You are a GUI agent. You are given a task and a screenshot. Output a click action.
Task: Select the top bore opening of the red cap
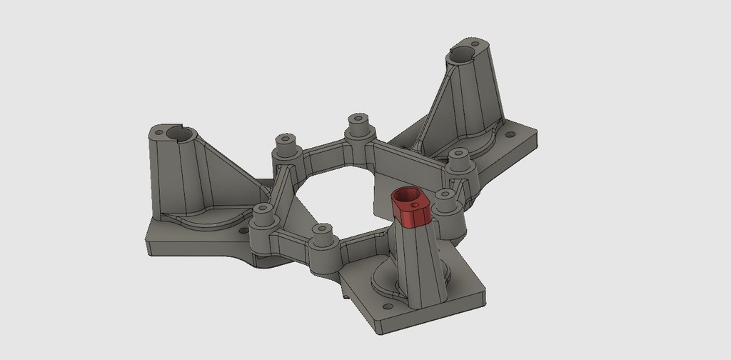click(x=408, y=194)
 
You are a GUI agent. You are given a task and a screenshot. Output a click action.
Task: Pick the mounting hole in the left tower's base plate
click(x=243, y=231)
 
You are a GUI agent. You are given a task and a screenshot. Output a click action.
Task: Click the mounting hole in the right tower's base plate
click(x=510, y=134)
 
